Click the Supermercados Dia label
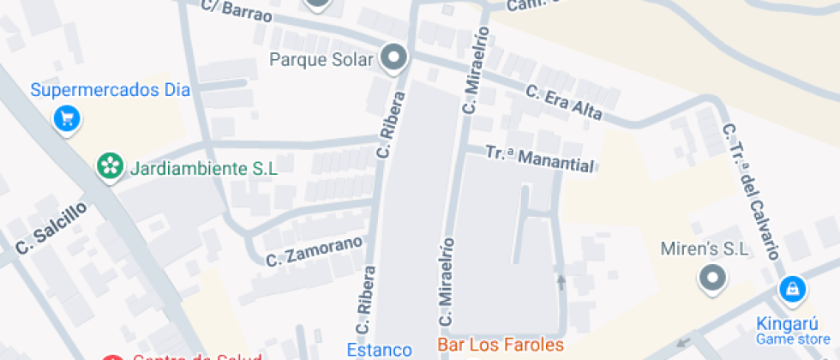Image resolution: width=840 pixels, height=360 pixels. [x=110, y=90]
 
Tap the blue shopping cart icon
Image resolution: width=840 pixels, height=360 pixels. [x=67, y=118]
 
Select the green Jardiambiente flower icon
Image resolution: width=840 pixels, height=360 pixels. [x=110, y=167]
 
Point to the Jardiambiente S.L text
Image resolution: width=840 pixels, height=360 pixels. [x=204, y=168]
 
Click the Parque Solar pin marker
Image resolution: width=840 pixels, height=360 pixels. [x=394, y=58]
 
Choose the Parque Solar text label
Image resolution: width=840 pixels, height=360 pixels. [x=321, y=60]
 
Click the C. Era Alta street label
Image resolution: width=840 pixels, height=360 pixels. [x=563, y=102]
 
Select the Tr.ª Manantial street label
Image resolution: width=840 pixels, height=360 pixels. [x=539, y=159]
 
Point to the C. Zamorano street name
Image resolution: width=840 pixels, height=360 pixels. [x=314, y=251]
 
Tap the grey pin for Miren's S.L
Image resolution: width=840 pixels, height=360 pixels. [x=712, y=278]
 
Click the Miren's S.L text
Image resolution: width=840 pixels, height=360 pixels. [x=705, y=249]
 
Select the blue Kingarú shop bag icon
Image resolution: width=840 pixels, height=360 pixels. [x=791, y=290]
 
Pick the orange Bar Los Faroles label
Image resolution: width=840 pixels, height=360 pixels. [x=501, y=345]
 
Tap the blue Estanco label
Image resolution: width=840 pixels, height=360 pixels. [x=379, y=349]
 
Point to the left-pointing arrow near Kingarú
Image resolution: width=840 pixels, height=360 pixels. [x=683, y=343]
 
